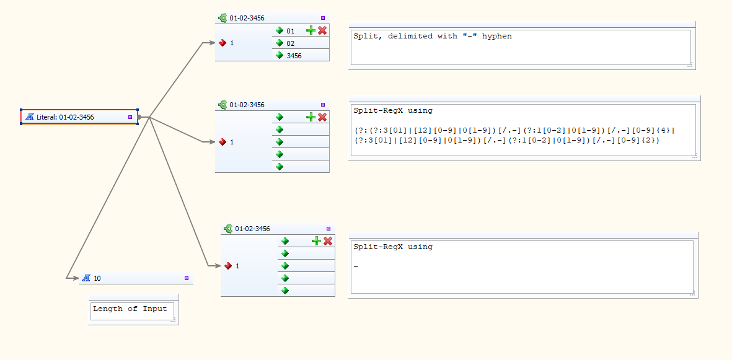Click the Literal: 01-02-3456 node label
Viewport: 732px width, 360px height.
click(x=65, y=117)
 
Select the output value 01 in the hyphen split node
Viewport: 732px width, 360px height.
click(x=290, y=31)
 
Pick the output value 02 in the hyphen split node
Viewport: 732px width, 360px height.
click(x=290, y=43)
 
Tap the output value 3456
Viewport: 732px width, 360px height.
click(x=294, y=56)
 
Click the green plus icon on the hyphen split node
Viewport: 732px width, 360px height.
click(x=311, y=30)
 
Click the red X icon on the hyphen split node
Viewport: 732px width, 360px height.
click(x=322, y=30)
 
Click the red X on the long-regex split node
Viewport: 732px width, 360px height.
click(x=322, y=116)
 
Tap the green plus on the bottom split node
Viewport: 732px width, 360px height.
click(x=317, y=241)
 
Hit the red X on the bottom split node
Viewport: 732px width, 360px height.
click(x=328, y=241)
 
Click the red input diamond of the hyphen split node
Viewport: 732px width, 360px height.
click(x=223, y=43)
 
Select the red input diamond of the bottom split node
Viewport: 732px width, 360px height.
click(x=228, y=266)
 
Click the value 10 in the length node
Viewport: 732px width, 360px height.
click(x=97, y=278)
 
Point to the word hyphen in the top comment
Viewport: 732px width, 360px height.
click(x=498, y=37)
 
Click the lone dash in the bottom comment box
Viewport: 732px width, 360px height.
click(x=356, y=267)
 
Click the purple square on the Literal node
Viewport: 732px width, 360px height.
click(x=130, y=117)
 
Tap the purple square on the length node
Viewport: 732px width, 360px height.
click(x=187, y=278)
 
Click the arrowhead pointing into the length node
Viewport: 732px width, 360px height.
click(x=76, y=278)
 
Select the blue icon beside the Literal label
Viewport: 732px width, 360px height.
click(x=29, y=117)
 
